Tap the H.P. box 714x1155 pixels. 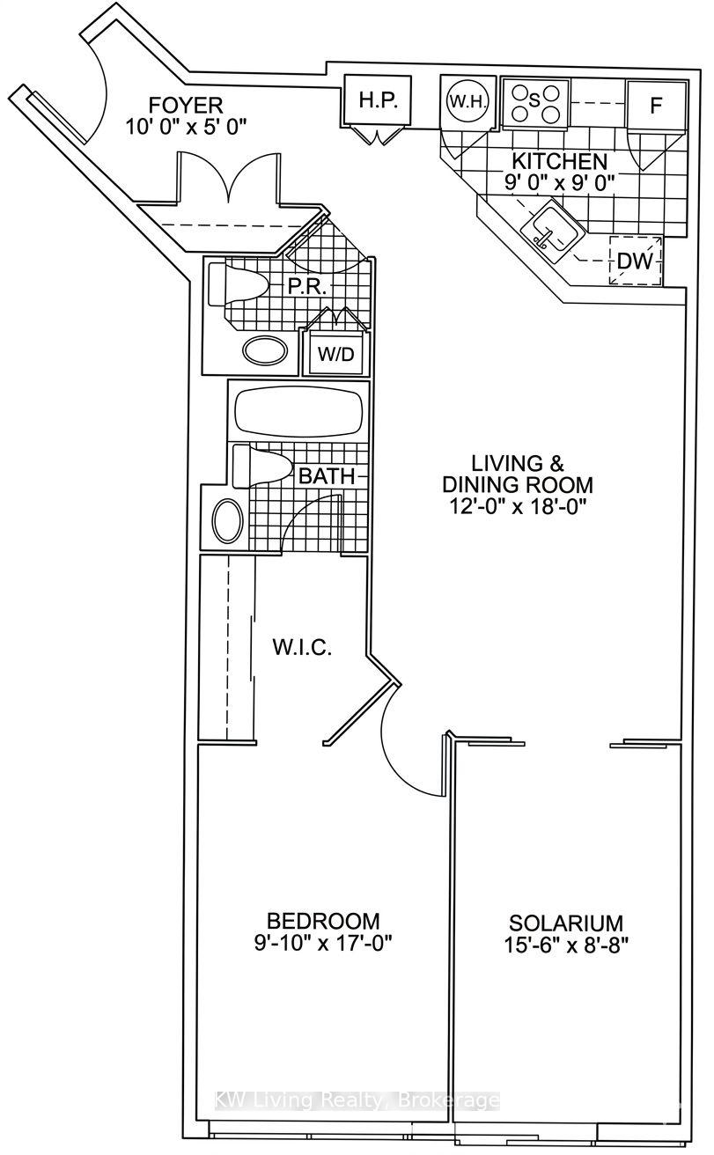379,100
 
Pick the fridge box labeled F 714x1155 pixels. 655,105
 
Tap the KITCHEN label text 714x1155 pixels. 560,162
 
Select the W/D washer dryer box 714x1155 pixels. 334,354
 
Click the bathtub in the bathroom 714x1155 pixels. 298,411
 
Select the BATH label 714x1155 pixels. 327,477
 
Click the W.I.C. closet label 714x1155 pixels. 301,649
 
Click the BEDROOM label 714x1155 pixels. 323,921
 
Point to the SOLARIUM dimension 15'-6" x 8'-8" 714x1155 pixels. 566,946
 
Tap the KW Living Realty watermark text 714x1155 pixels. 358,1101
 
